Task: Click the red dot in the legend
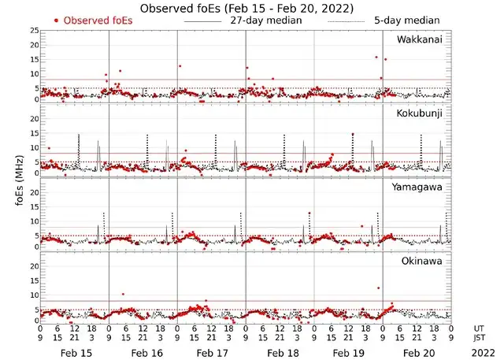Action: (57, 20)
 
